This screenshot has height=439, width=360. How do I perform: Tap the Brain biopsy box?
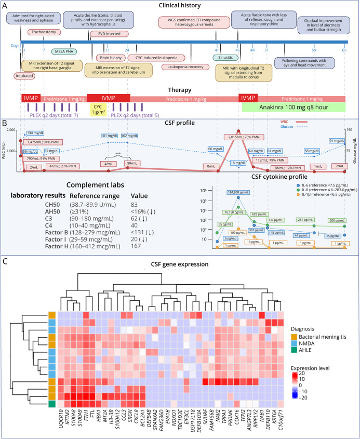110,58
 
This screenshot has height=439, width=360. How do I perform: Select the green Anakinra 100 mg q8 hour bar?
294,108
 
